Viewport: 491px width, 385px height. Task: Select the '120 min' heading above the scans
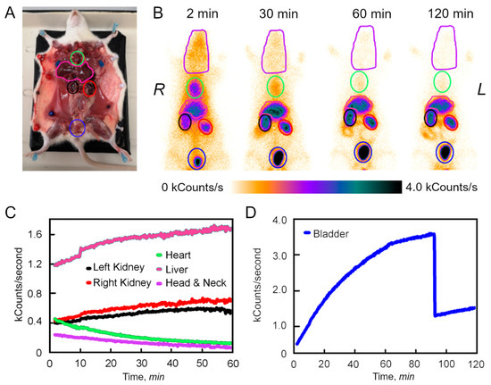pos(449,13)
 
